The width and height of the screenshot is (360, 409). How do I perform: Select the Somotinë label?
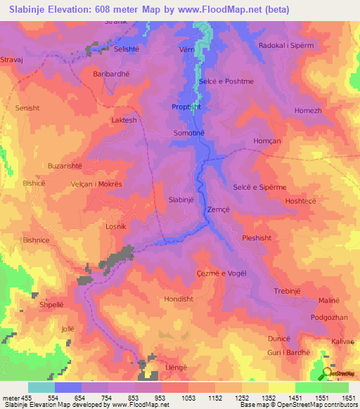[188, 132]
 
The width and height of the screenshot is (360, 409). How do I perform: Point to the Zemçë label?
[217, 209]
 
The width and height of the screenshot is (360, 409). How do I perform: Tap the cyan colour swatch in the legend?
[41, 387]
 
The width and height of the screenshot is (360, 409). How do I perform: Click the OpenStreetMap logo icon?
[328, 373]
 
